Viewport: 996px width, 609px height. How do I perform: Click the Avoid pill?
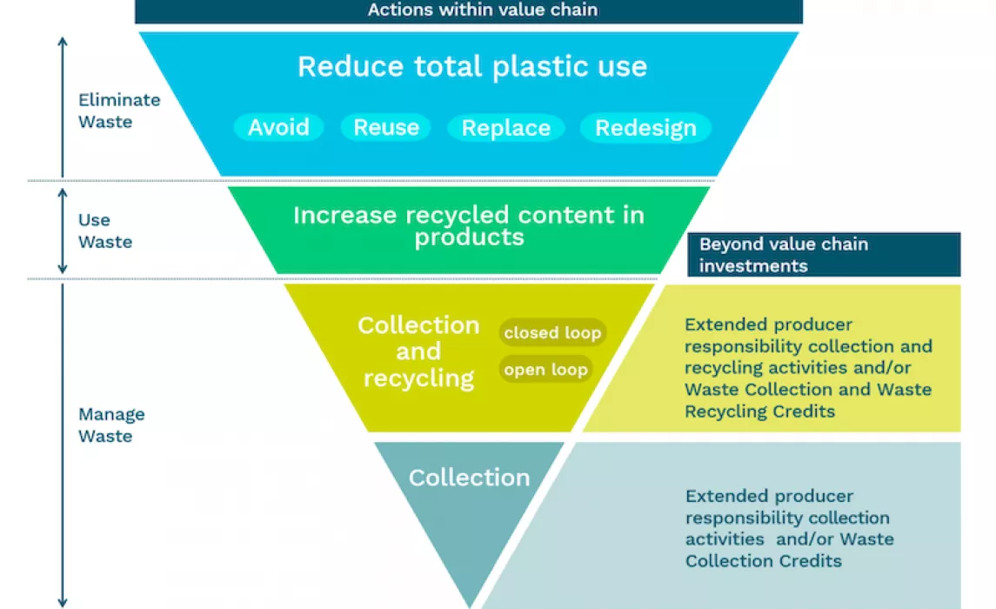pos(279,128)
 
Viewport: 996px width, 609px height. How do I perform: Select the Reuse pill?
pos(386,128)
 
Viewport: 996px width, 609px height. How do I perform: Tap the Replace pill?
pos(505,128)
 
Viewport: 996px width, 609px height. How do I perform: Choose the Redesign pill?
pos(645,128)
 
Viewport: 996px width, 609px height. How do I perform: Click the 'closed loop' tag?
pos(552,332)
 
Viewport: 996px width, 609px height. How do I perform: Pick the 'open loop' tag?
pos(545,370)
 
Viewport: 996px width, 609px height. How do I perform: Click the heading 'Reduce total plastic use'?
pos(472,67)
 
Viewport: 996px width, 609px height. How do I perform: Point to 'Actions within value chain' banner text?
pos(483,10)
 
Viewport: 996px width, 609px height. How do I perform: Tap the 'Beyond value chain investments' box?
pos(824,255)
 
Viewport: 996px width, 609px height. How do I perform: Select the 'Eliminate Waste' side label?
pos(119,110)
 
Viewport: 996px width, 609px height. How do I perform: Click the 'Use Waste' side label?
pos(105,231)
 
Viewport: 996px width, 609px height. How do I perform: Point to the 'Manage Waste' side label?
pos(112,425)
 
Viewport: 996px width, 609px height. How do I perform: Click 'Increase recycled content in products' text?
pos(469,225)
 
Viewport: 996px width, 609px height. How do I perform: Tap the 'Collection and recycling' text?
pos(418,351)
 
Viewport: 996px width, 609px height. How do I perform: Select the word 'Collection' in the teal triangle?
pos(470,478)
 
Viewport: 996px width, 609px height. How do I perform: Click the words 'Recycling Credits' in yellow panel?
pos(759,412)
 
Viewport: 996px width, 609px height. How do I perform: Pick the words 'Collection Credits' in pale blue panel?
pos(764,561)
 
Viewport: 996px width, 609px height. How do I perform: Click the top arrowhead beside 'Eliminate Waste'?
pos(63,41)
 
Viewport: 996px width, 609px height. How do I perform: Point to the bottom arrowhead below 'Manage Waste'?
pos(63,602)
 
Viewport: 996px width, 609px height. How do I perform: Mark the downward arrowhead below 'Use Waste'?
pos(63,269)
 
